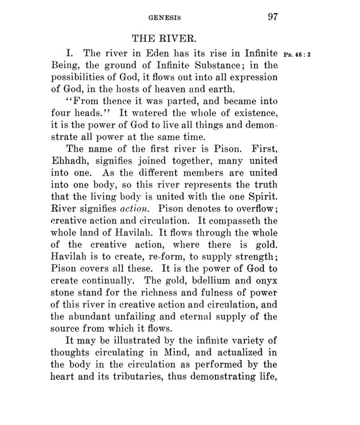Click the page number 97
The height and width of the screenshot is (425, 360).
click(x=269, y=17)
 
